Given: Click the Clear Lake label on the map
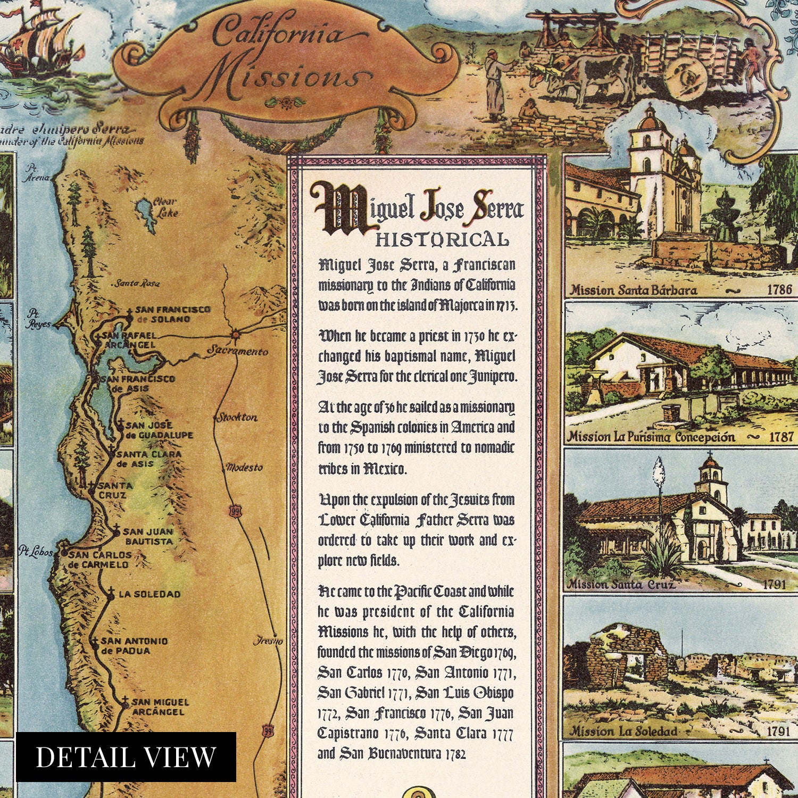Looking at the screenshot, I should point(164,207).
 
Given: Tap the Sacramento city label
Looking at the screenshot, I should point(237,351).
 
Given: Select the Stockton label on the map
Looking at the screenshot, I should point(236,418).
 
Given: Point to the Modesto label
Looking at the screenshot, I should point(244,468).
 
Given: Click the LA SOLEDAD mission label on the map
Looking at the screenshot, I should point(149,594).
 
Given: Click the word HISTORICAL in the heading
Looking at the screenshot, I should point(442,240).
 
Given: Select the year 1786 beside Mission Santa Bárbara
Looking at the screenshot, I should point(779,290).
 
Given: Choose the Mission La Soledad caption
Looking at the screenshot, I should point(624,731).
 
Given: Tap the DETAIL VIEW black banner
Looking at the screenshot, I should point(126,757).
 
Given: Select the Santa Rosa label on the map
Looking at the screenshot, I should point(137,284).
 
